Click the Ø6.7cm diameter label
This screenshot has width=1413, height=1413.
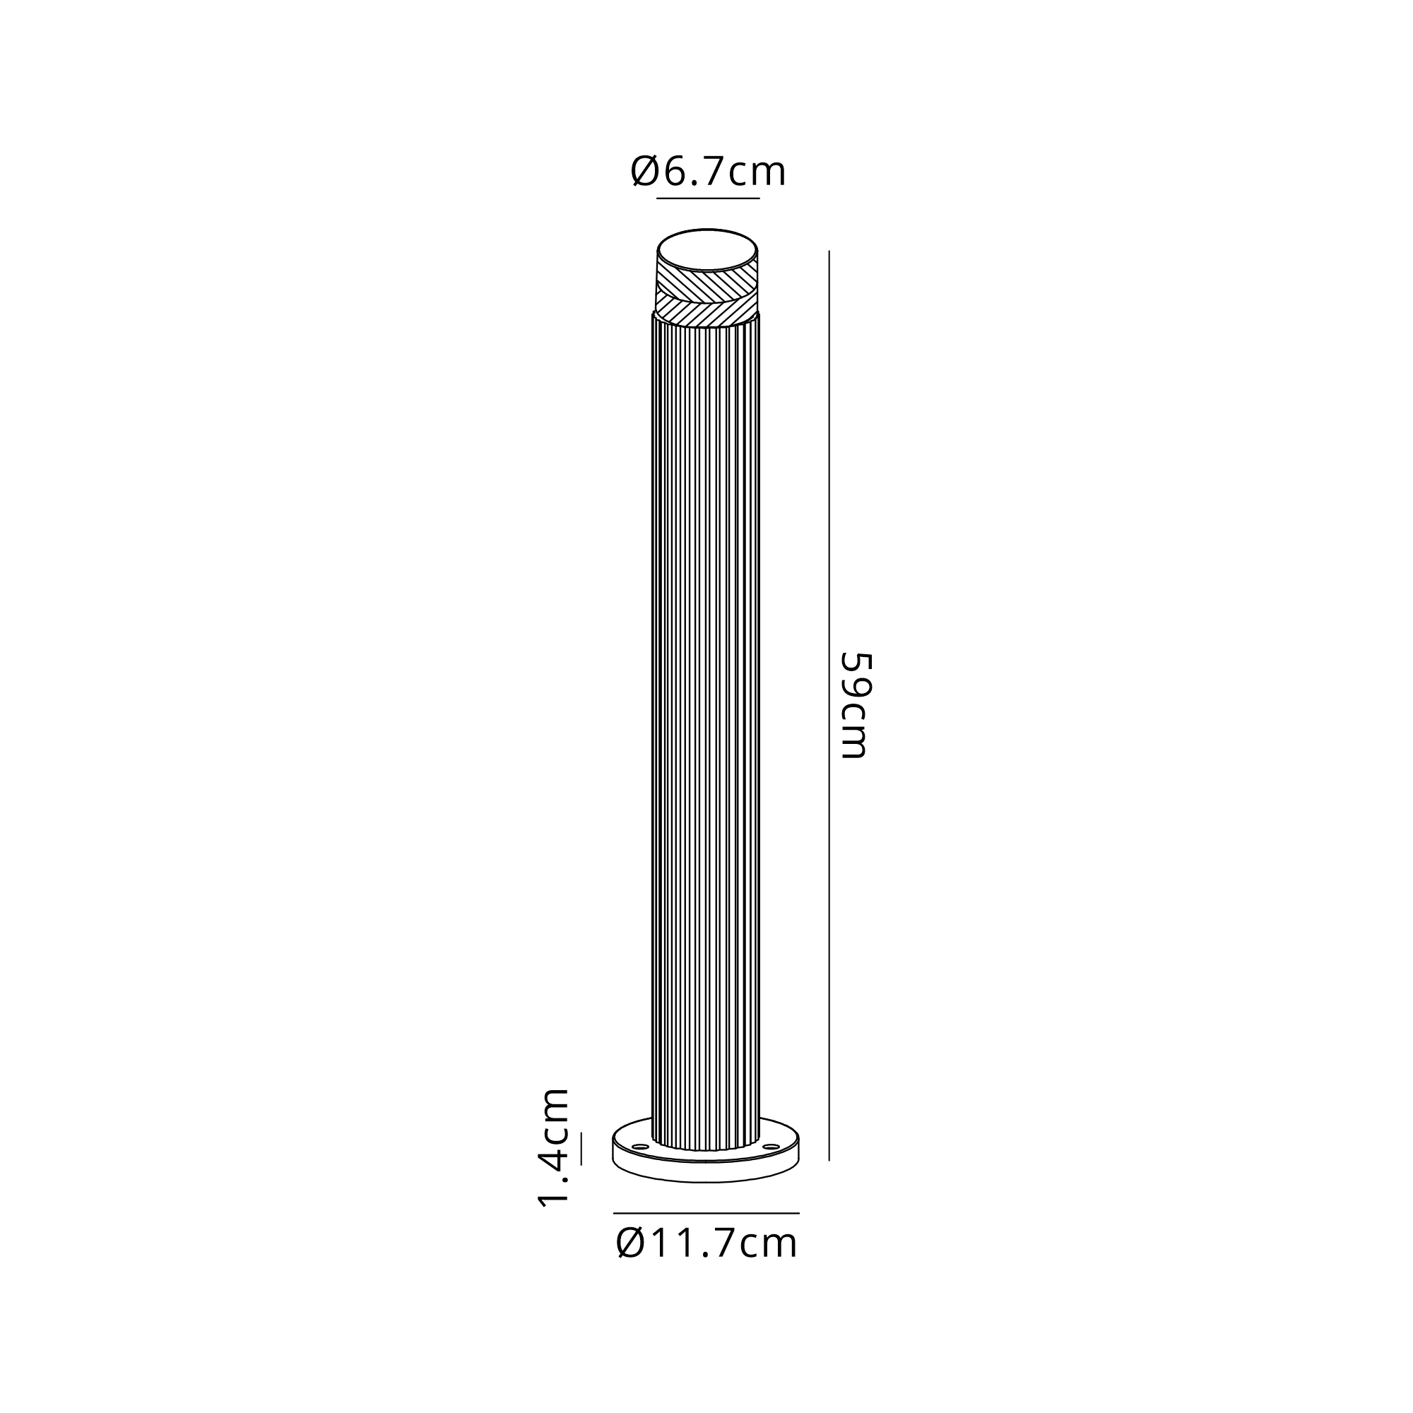pyautogui.click(x=708, y=172)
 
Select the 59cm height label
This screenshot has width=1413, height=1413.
pyautogui.click(x=854, y=705)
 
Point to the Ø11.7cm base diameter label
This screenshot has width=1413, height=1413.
pyautogui.click(x=706, y=1243)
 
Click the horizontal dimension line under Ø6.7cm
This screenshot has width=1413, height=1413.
pyautogui.click(x=708, y=199)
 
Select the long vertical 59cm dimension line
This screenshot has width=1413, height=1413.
pyautogui.click(x=829, y=706)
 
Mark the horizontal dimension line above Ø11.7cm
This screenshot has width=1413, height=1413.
pyautogui.click(x=706, y=1213)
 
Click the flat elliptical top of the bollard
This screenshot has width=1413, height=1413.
pyautogui.click(x=707, y=251)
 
